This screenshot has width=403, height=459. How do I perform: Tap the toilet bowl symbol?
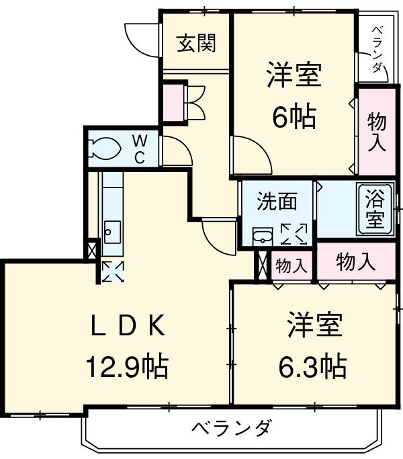pyautogui.click(x=104, y=149)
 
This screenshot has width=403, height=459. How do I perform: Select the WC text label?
pyautogui.click(x=140, y=149)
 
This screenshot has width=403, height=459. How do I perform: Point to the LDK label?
pyautogui.click(x=127, y=327)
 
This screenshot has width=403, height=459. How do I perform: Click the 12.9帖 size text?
pyautogui.click(x=126, y=367)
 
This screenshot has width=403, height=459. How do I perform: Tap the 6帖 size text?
pyautogui.click(x=294, y=118)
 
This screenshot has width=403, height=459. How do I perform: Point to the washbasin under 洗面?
pyautogui.click(x=261, y=237)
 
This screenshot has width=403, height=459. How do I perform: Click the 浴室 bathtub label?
pyautogui.click(x=375, y=208)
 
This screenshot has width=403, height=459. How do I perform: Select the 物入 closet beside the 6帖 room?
pyautogui.click(x=376, y=132)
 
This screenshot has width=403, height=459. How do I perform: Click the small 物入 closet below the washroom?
pyautogui.click(x=292, y=266)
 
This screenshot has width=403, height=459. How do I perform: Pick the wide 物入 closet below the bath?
pyautogui.click(x=356, y=262)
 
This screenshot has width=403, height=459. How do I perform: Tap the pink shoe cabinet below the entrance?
pyautogui.click(x=172, y=101)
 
